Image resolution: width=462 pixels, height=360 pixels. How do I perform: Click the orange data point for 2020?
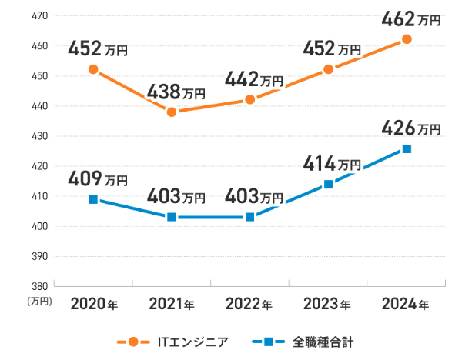[x=93, y=69]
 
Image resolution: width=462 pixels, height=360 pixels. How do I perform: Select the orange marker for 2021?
[x=172, y=112]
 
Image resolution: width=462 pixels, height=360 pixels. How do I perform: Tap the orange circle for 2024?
[x=407, y=39]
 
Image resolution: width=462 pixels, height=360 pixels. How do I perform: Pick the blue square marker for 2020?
[x=93, y=199]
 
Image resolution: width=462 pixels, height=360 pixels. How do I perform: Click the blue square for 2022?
[x=249, y=217]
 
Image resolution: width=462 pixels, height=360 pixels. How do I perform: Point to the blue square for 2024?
[x=407, y=148]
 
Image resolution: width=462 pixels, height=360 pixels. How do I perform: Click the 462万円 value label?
[x=410, y=18]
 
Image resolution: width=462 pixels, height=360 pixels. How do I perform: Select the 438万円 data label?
[x=176, y=92]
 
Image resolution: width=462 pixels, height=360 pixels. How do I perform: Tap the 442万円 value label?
[x=254, y=79]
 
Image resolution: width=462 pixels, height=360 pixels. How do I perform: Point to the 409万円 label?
[x=98, y=179]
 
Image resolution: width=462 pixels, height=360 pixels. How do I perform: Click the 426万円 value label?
[x=410, y=127]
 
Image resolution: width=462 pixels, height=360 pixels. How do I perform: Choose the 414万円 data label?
[x=332, y=163]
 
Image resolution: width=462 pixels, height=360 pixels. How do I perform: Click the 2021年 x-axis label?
[x=172, y=304]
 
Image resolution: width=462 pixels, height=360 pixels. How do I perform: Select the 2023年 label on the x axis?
[x=328, y=304]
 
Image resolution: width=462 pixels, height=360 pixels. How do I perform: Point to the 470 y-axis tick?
[x=39, y=16]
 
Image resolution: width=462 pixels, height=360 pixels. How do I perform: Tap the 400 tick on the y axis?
[x=39, y=226]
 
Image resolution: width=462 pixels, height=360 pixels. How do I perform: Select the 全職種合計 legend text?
[x=323, y=341]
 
